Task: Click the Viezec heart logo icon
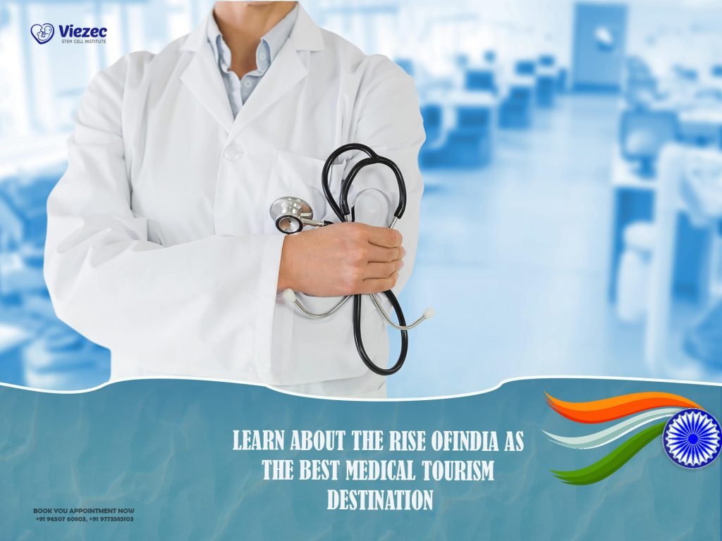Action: tap(42, 33)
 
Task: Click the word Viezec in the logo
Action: tap(83, 30)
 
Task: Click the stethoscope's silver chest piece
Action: tap(292, 212)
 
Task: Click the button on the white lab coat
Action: tap(233, 151)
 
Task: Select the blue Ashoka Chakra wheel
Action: tap(692, 438)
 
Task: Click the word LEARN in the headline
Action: tap(260, 441)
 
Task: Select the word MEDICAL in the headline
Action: tap(374, 470)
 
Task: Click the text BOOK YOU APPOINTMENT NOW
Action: tap(84, 511)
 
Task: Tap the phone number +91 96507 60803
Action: tap(61, 519)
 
